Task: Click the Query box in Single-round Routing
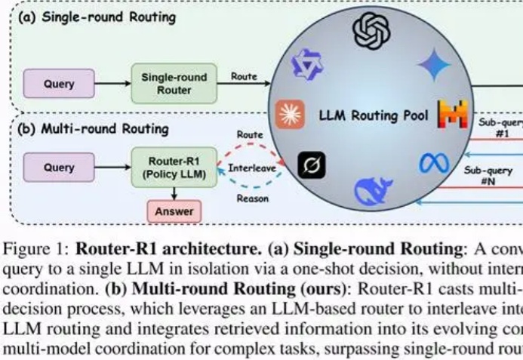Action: (x=60, y=83)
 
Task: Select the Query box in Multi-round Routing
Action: (x=60, y=168)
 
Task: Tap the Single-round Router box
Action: (x=174, y=83)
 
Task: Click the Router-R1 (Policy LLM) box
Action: (x=174, y=168)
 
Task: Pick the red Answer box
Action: (x=174, y=212)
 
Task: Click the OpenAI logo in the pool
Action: (x=369, y=32)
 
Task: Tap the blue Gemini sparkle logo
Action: (x=434, y=66)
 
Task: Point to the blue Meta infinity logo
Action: (x=434, y=162)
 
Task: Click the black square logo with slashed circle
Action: (x=311, y=165)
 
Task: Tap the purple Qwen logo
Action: (x=309, y=66)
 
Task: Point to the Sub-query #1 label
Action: (x=498, y=126)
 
